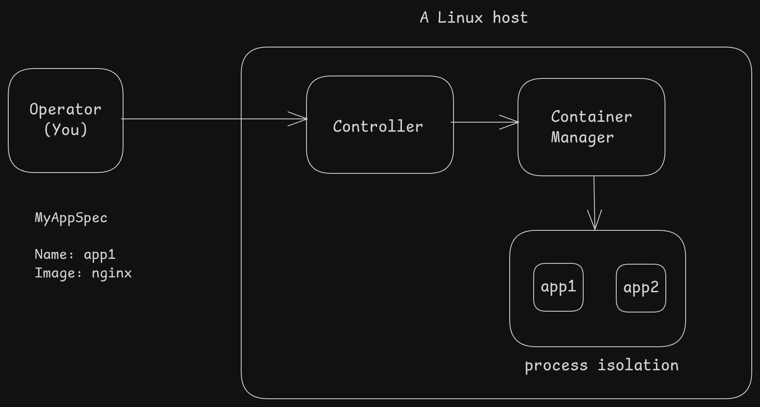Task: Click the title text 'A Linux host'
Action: coord(474,18)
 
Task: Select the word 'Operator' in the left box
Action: coord(65,110)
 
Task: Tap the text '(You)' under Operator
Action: coord(66,130)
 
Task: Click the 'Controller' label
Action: coord(378,126)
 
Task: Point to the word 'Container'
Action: coord(591,117)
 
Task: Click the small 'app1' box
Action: coord(558,287)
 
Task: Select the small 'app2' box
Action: coord(641,288)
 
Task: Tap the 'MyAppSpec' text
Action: coord(71,218)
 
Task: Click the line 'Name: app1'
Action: coord(75,254)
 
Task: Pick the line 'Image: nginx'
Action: coord(83,273)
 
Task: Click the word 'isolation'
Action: coord(638,365)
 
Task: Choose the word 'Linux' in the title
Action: coord(460,18)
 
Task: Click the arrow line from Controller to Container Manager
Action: coord(485,122)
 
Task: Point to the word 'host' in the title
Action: coord(511,18)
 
